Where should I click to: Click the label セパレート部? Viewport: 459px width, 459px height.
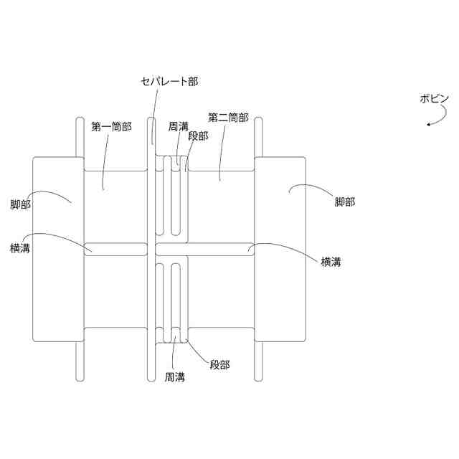click(x=169, y=82)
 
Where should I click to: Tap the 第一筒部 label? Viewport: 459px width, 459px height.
click(x=111, y=126)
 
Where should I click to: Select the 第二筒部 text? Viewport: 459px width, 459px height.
click(x=228, y=117)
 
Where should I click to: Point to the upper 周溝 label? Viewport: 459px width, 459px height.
click(x=179, y=126)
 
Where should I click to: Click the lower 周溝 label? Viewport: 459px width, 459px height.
click(x=175, y=377)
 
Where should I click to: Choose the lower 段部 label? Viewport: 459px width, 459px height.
click(x=219, y=364)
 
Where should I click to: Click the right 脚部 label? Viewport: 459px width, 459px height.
click(x=344, y=202)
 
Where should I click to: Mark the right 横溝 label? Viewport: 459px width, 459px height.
click(x=331, y=262)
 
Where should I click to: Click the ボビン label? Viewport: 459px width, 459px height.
click(x=435, y=100)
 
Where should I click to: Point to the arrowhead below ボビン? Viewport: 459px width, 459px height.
click(x=429, y=125)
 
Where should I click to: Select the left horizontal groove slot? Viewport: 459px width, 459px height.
click(x=115, y=249)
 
